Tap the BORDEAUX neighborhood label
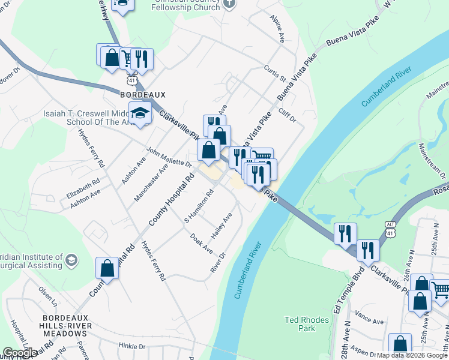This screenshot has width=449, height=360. pos(142,95)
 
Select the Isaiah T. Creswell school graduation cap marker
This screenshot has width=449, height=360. pos(140,113)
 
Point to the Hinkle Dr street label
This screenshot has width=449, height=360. pos(132,346)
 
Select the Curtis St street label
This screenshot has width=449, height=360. pos(275,74)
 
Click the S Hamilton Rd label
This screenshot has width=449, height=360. pos(199,206)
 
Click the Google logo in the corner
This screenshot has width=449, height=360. pos(20,353)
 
